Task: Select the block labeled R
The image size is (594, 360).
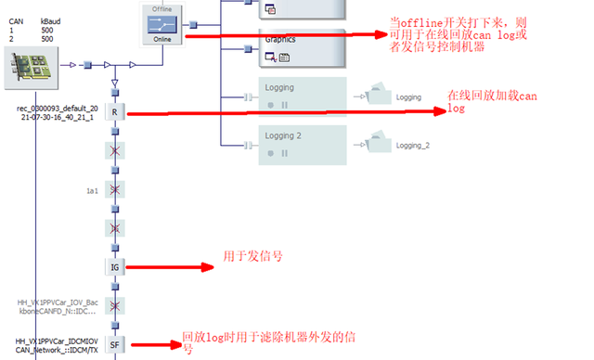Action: [x=115, y=112]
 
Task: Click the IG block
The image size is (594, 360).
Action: [x=115, y=267]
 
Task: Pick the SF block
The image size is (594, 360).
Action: [x=115, y=345]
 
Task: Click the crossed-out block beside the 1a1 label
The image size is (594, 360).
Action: [x=115, y=189]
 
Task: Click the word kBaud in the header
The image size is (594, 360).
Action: [x=52, y=19]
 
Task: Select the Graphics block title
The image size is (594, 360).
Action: [x=281, y=40]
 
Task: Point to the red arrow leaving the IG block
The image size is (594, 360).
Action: [x=167, y=267]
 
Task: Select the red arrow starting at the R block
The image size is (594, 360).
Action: [x=278, y=113]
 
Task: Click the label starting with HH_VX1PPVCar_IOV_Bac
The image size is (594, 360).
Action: [x=58, y=307]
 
